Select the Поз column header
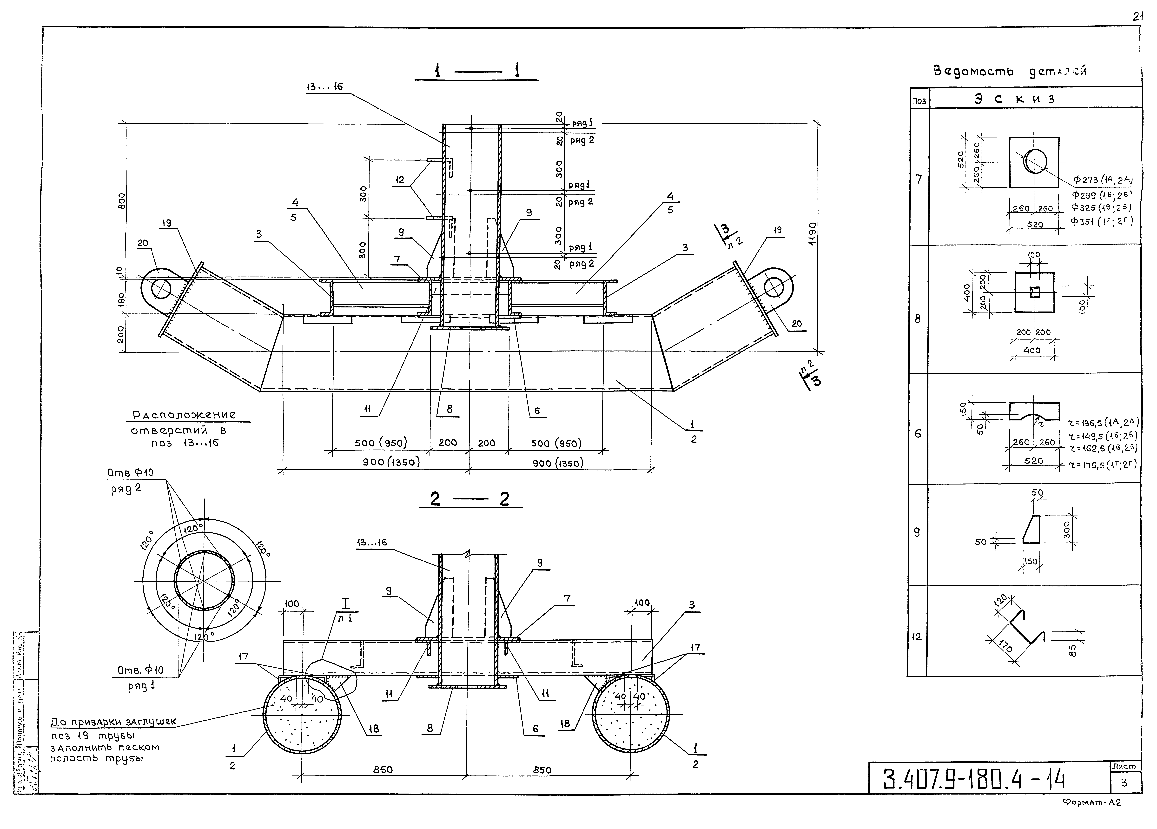pyautogui.click(x=919, y=101)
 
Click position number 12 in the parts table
pyautogui.click(x=917, y=637)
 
